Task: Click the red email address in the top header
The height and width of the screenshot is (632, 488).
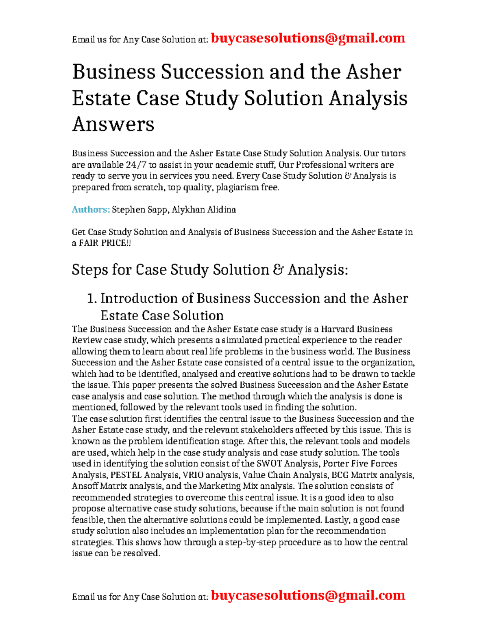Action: click(x=308, y=38)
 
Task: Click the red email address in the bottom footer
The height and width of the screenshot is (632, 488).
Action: click(x=308, y=595)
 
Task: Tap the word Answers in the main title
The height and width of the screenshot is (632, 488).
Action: click(x=113, y=124)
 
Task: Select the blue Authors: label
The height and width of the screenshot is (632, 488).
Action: click(x=90, y=210)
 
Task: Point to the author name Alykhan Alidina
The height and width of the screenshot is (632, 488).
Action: click(x=204, y=210)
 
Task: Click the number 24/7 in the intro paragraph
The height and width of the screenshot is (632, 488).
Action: click(x=137, y=165)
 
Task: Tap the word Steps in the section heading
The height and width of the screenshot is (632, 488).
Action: click(x=90, y=270)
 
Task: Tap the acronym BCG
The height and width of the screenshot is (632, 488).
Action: click(x=340, y=475)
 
